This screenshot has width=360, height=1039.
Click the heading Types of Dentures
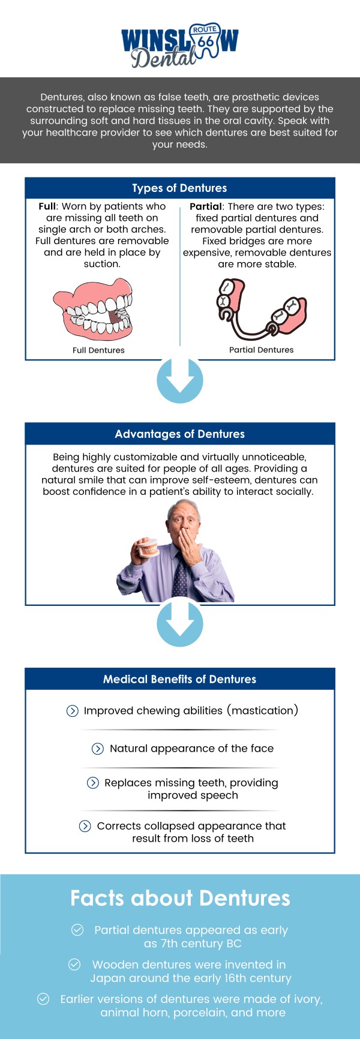(179, 188)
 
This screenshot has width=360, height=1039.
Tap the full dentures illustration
(93, 310)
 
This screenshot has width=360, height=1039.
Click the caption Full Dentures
(98, 350)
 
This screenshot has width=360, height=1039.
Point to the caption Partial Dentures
(261, 350)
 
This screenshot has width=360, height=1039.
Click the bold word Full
(47, 206)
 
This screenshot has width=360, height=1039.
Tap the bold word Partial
(206, 206)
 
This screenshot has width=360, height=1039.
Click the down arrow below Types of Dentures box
(179, 380)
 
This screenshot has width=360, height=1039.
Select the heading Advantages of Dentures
(179, 434)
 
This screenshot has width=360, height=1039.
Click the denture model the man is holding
(148, 547)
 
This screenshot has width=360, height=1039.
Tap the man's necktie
(179, 573)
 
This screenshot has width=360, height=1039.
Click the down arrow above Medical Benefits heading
(179, 624)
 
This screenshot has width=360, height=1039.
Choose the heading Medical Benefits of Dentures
(179, 679)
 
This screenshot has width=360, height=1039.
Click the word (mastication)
(262, 710)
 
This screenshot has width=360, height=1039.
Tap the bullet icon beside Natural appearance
(97, 748)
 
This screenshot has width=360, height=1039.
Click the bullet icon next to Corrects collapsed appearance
(85, 826)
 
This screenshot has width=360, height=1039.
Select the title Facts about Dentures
(179, 898)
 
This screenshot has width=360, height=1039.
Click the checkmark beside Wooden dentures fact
(74, 965)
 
